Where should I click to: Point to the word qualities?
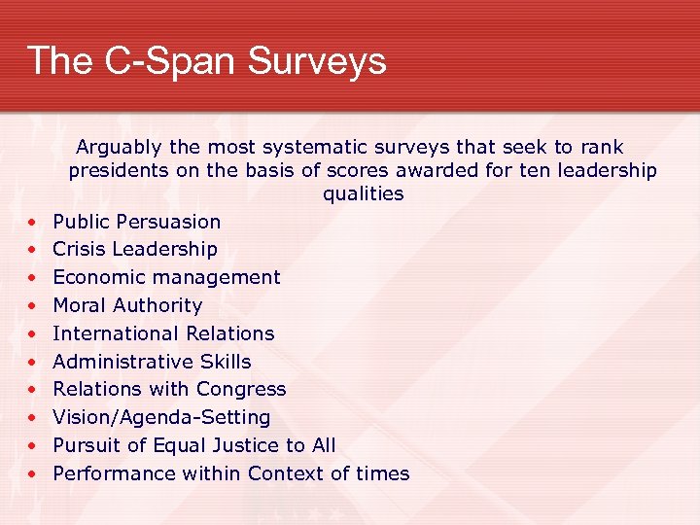(x=363, y=193)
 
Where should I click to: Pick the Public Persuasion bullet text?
(x=136, y=222)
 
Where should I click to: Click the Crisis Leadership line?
(x=134, y=249)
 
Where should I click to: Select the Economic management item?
(x=166, y=277)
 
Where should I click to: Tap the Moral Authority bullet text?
(x=127, y=305)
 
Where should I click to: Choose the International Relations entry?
(x=163, y=333)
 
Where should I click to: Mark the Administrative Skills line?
(x=152, y=362)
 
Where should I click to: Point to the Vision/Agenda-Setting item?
(x=161, y=417)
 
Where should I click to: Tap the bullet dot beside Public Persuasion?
(x=32, y=223)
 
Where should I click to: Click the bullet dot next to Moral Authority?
(x=32, y=306)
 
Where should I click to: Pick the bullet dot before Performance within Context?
(x=32, y=474)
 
